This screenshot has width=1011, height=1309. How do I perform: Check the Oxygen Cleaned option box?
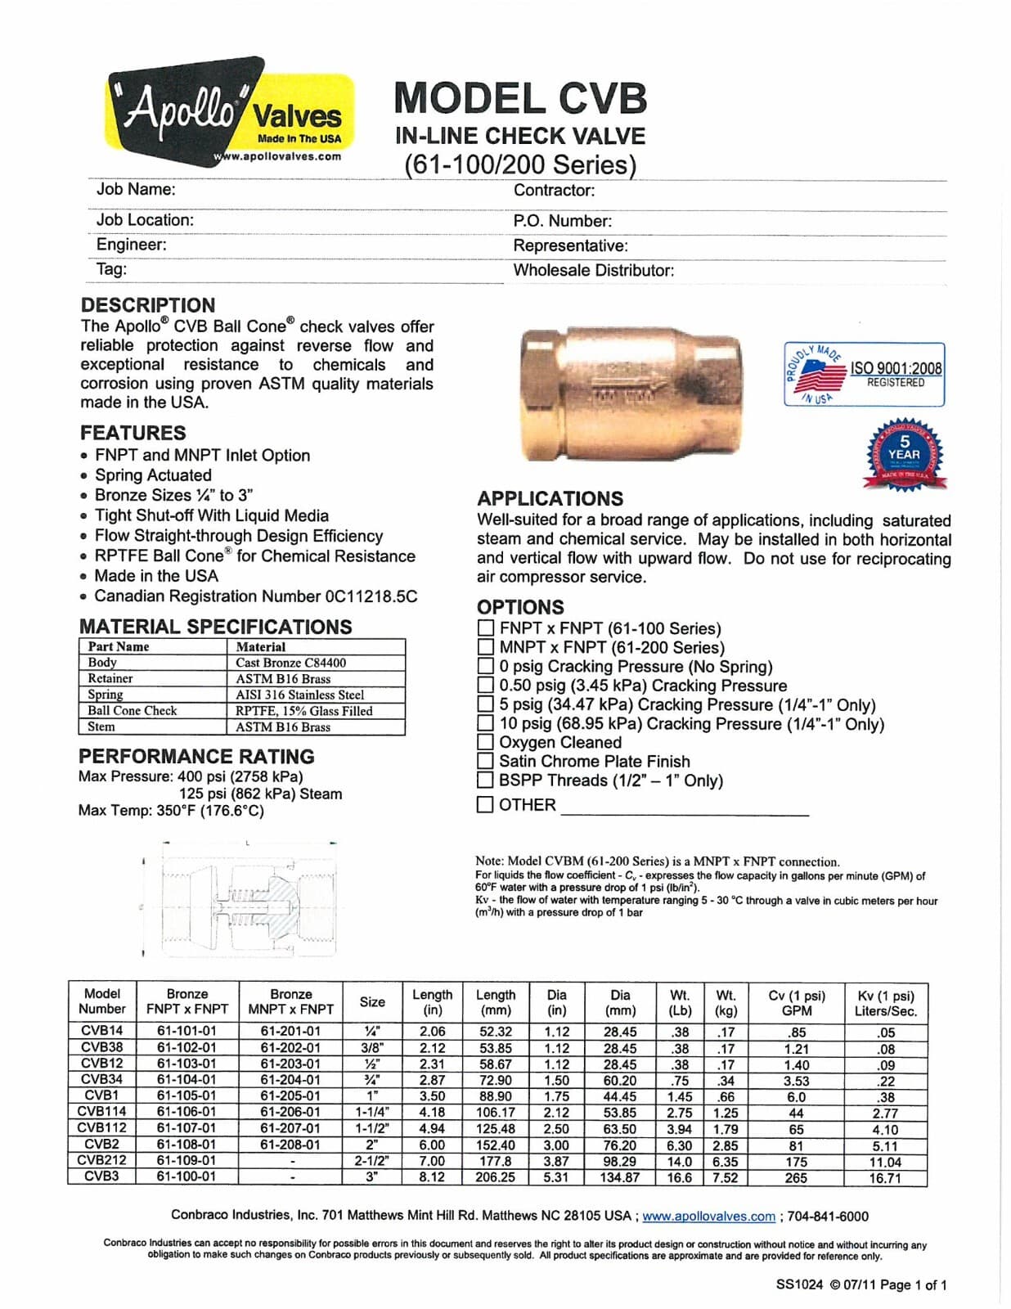(x=485, y=742)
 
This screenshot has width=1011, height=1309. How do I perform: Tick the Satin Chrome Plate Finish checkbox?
(x=485, y=761)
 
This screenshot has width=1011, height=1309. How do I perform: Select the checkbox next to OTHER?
(x=485, y=804)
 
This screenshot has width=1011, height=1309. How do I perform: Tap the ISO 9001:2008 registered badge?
(x=864, y=375)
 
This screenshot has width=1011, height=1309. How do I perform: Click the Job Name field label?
(x=136, y=190)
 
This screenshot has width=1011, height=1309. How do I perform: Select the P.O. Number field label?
(x=562, y=221)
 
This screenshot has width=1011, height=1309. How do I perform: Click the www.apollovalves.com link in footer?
(x=708, y=1217)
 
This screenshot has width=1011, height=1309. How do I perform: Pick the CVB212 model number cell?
(x=102, y=1160)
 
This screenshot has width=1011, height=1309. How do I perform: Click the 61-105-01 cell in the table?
(x=186, y=1095)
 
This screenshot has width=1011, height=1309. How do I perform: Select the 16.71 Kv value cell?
(x=885, y=1177)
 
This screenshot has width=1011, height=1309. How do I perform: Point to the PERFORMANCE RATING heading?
(x=196, y=756)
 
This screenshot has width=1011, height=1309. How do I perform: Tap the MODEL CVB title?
(x=520, y=98)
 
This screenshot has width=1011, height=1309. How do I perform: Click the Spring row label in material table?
(x=106, y=695)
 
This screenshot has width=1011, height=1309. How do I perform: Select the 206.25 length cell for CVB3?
(x=495, y=1177)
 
